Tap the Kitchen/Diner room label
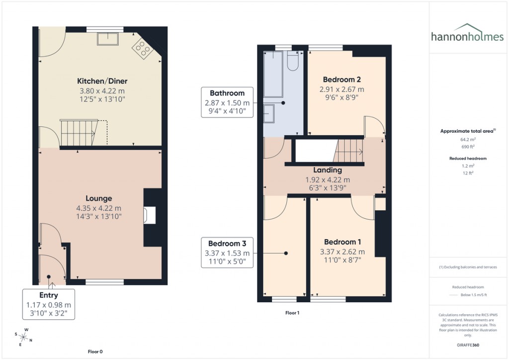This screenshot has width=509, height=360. pos(98,81)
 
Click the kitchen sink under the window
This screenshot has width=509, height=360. pos(107,39)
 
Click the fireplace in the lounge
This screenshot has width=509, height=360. pos(149,215)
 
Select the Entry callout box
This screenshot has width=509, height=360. pos(49,305)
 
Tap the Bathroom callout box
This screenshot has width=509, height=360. pos(227,102)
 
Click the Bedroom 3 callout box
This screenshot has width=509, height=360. pos(227,253)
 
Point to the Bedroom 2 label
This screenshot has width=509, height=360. pos(341,80)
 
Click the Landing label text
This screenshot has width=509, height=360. pos(327,171)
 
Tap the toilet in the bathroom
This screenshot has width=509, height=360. pos(293,60)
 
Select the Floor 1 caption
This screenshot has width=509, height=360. pos(292,313)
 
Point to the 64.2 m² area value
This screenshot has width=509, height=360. pos(467,140)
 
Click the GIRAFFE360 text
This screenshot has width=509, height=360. pos(467,345)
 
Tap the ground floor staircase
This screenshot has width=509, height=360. pos(78,133)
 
